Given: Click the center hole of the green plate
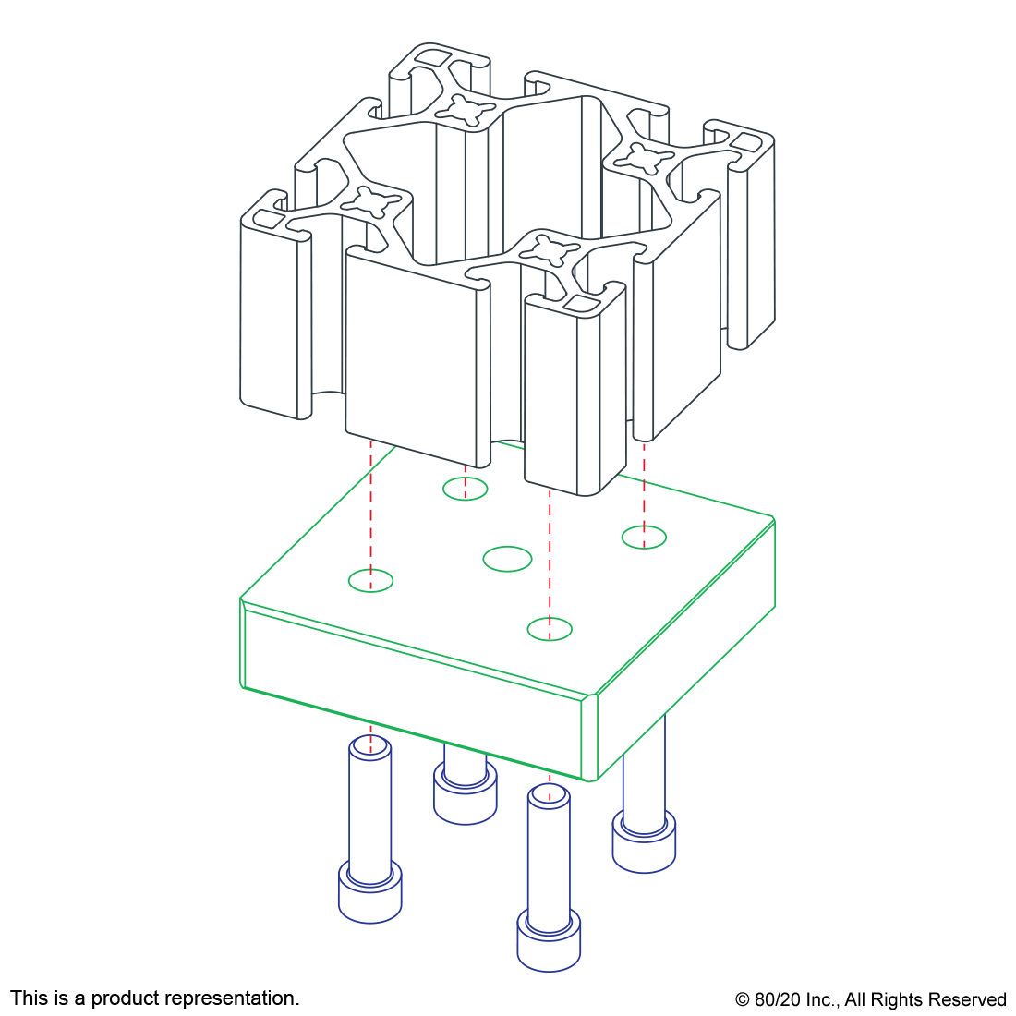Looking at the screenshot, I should point(508,559).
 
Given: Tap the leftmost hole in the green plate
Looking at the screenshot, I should point(371,581).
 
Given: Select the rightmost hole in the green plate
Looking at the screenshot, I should point(644,537).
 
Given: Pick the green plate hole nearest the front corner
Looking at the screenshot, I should point(550,630).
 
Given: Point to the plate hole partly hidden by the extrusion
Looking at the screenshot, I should point(465,489).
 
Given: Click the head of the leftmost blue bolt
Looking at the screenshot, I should point(369,893).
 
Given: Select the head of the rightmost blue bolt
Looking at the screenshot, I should point(644,842).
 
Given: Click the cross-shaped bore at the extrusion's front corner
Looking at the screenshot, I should point(548,249).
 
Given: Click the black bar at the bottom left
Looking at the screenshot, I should point(154,999).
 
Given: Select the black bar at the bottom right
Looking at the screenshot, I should point(870,1001).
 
